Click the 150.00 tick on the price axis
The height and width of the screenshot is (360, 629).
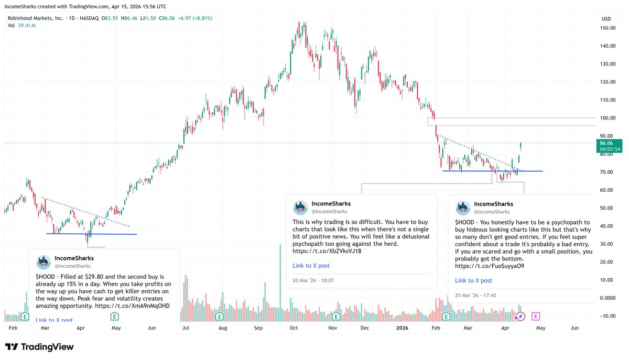[608, 28]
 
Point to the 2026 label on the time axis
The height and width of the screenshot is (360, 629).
[402, 328]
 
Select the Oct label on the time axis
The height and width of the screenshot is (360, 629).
[294, 328]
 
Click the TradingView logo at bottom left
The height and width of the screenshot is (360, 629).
[39, 347]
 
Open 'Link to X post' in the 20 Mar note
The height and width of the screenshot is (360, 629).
[311, 266]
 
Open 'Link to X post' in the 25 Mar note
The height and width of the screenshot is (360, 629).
[473, 280]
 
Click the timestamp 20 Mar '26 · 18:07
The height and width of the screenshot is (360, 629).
[313, 280]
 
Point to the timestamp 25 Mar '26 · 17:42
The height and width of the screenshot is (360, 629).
[475, 295]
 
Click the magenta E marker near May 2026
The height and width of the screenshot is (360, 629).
[536, 316]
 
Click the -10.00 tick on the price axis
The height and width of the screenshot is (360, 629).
[608, 315]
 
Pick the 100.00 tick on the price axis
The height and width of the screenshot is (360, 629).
[608, 118]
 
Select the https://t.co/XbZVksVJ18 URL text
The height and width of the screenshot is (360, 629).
[327, 251]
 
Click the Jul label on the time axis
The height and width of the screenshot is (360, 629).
[185, 328]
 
